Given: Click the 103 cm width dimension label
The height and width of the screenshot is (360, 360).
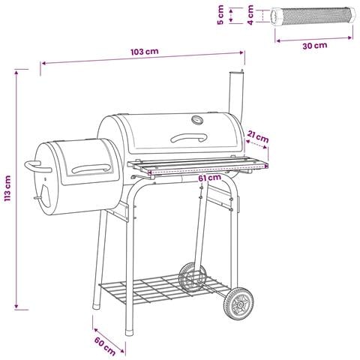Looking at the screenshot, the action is pos(145,52).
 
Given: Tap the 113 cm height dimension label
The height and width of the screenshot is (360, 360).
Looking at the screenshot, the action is pos(7,188).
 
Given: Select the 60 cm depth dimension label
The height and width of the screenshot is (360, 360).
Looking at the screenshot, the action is pos(105,346).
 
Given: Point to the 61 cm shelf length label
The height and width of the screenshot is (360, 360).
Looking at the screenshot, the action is pos(210,178).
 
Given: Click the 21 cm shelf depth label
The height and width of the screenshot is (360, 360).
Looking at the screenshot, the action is pos(258,136).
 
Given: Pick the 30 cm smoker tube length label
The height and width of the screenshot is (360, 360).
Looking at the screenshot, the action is pos(315,46).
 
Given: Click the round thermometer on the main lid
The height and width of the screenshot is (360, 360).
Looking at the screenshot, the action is pos(197,120).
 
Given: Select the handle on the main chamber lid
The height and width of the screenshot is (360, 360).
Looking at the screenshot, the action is pos(189,136).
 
